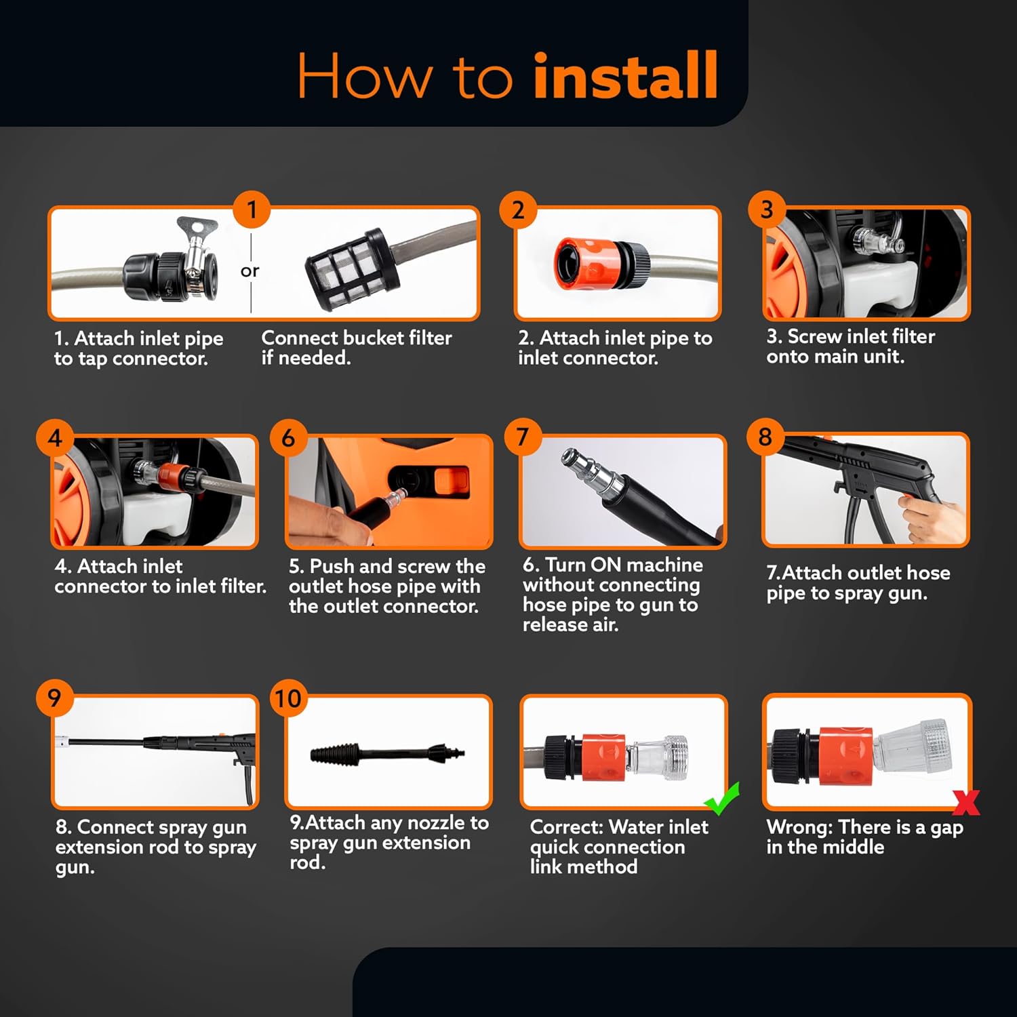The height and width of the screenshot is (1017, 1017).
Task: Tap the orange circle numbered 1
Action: pos(252,210)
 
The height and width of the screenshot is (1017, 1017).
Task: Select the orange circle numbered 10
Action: pos(288,698)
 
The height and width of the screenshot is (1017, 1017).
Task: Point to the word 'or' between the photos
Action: pos(250,271)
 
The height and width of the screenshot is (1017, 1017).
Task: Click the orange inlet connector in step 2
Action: pos(584,263)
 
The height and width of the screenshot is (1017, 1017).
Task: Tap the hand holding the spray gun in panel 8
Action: pos(930,517)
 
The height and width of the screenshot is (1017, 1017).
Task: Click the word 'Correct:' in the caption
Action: pos(566,827)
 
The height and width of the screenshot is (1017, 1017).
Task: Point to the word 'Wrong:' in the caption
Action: pos(800,827)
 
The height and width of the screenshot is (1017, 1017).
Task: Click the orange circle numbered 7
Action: pos(522,437)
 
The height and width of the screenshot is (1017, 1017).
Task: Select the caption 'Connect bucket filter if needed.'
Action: pos(357,348)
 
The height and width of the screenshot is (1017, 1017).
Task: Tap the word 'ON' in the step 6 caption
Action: pos(605,565)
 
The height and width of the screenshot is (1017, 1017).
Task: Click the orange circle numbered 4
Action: pos(55,437)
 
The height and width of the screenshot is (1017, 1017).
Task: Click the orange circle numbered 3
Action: pos(767,210)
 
